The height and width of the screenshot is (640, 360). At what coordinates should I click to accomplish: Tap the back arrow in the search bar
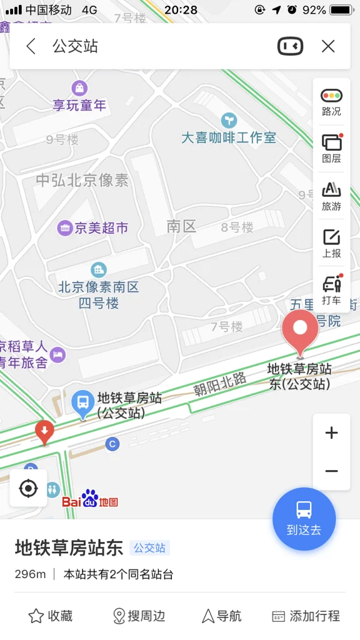(x=31, y=46)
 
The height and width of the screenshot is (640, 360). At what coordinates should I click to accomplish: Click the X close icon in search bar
(x=328, y=46)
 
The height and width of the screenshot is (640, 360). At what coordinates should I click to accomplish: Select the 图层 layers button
(x=331, y=148)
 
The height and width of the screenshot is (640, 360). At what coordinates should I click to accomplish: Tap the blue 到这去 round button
(x=304, y=519)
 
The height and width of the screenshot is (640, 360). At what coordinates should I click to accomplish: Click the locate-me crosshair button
(x=28, y=488)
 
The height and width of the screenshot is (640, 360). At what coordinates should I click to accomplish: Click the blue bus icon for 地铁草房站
(x=82, y=404)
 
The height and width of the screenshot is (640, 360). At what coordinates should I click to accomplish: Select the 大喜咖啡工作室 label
(x=229, y=137)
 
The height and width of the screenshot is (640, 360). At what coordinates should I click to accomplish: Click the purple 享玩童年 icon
(x=79, y=88)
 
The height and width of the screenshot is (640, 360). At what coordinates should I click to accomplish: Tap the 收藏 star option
(x=51, y=616)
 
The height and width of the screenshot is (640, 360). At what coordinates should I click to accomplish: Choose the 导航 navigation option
(x=221, y=616)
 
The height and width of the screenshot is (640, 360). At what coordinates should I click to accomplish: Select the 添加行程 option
(x=306, y=616)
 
